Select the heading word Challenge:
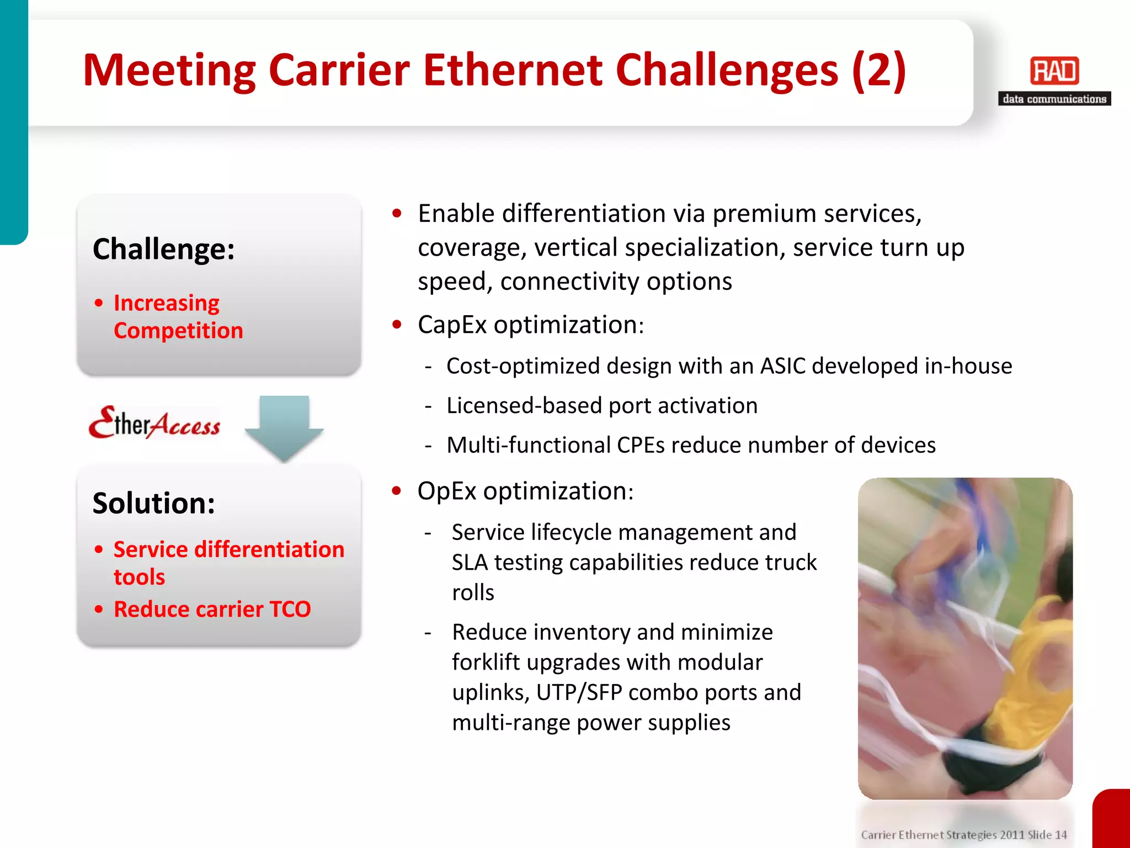tap(164, 249)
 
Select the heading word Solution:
tap(154, 503)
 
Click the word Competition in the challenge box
tap(178, 331)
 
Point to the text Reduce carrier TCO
tap(212, 609)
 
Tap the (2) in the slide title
tap(878, 70)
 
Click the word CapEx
tap(452, 325)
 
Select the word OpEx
tap(446, 491)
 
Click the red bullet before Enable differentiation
tap(397, 214)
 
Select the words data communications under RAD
tap(1054, 99)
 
